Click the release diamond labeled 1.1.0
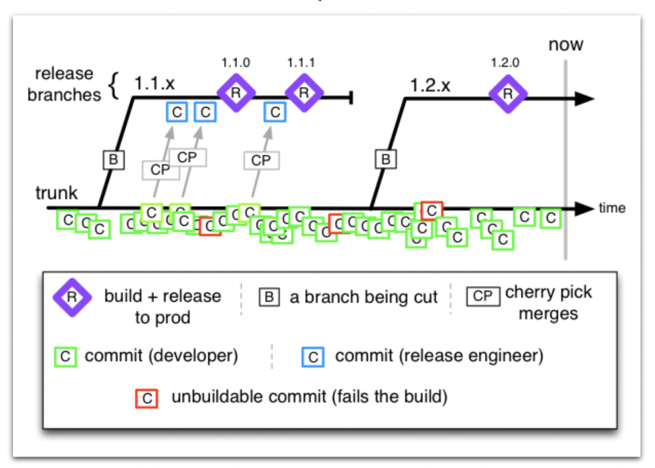236,93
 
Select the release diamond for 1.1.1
304,93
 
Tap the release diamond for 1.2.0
508,94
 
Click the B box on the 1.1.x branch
113,160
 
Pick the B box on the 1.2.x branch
386,159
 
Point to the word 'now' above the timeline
566,44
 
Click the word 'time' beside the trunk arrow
612,207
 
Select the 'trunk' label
56,193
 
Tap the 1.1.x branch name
154,84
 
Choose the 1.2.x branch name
430,85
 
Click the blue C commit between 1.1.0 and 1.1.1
275,112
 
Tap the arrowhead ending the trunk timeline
585,209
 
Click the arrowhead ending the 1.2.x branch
585,99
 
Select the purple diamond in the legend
72,298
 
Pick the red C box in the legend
147,398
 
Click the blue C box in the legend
313,357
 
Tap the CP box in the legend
483,296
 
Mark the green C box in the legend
65,356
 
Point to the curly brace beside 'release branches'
113,86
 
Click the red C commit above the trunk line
432,210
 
